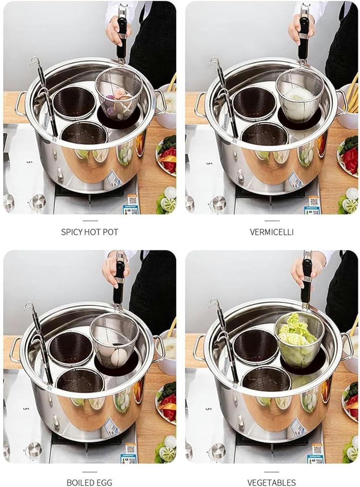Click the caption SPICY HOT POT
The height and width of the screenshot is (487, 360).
[90, 232]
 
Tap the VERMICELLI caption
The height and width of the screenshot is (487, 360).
[272, 232]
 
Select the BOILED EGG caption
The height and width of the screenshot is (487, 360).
[89, 482]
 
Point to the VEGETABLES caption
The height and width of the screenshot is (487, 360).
[272, 482]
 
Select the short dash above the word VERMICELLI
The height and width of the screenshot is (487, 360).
[272, 220]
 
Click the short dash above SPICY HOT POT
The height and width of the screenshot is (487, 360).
[90, 220]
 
